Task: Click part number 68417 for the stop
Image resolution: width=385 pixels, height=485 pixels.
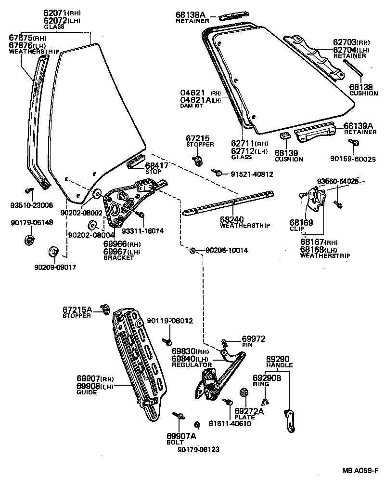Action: (x=157, y=165)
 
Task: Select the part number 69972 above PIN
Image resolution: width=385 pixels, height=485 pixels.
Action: (x=254, y=339)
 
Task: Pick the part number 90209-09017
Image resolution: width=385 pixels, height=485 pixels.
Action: (x=55, y=267)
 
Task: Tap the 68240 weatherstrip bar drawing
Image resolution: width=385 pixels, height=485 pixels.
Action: (x=229, y=203)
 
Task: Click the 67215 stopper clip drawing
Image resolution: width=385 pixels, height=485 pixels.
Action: (x=196, y=159)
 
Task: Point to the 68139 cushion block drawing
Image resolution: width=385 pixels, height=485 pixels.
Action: (x=284, y=136)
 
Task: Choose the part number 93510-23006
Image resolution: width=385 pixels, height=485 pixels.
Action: (x=32, y=204)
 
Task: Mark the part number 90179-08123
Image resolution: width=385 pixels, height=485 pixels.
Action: (x=198, y=449)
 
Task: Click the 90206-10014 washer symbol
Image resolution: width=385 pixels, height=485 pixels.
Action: (x=192, y=250)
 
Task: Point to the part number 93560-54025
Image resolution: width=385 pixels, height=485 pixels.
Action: (x=337, y=181)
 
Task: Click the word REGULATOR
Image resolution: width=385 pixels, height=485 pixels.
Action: (x=192, y=365)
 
